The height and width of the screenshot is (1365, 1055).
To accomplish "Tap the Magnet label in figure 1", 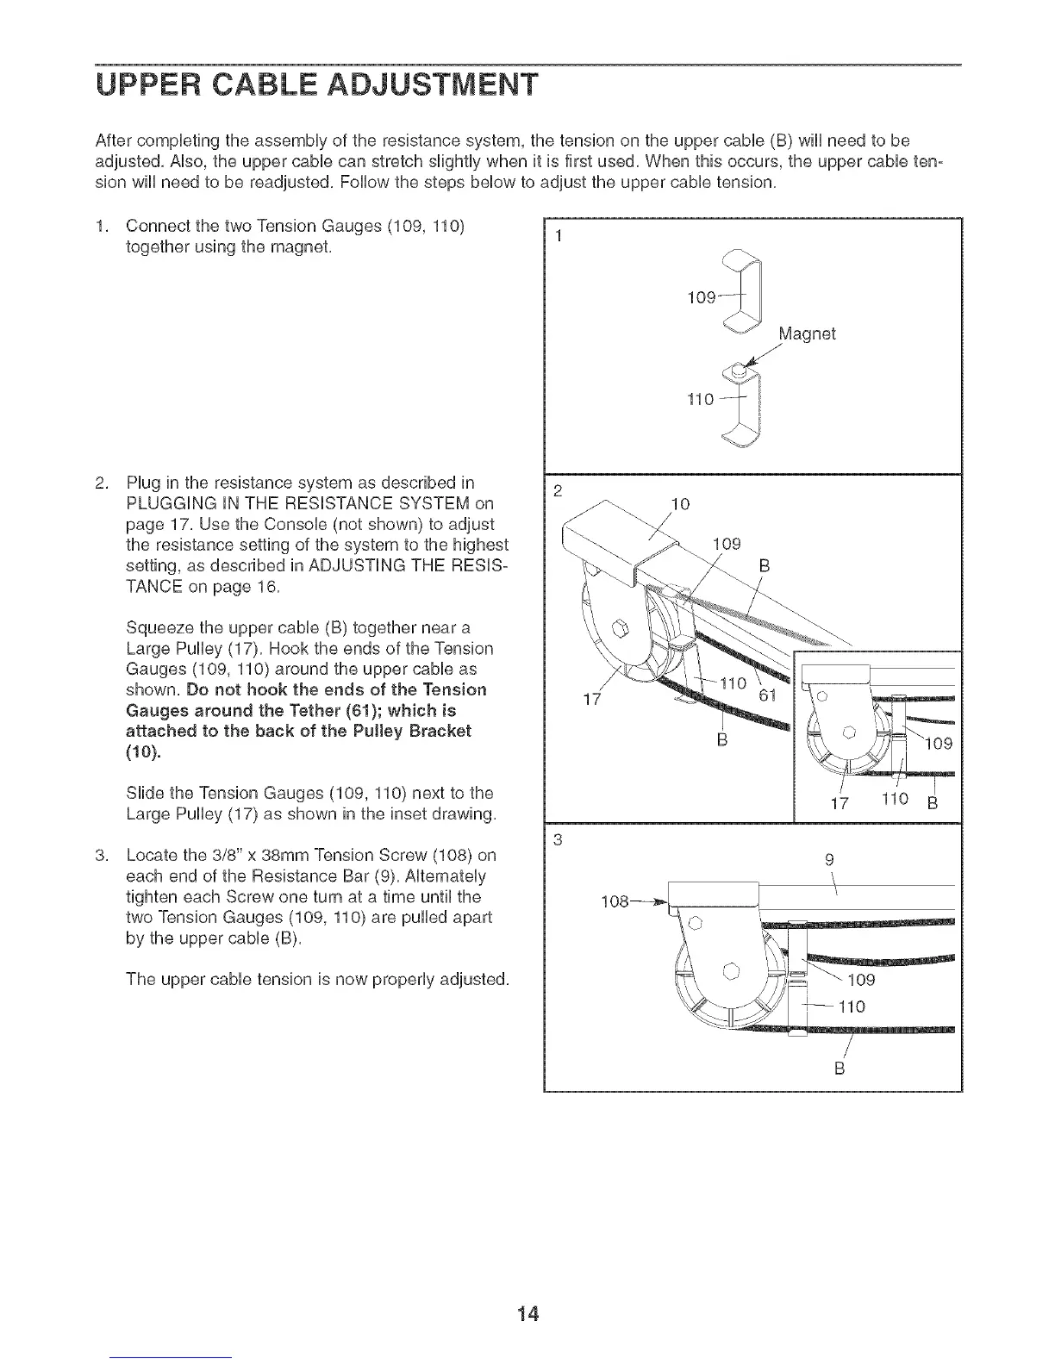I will [x=807, y=333].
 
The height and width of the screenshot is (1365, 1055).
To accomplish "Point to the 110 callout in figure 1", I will [x=701, y=401].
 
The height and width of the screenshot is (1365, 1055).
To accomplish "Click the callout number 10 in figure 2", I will [x=680, y=504].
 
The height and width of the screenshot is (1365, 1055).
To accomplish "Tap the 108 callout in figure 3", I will [x=616, y=901].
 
